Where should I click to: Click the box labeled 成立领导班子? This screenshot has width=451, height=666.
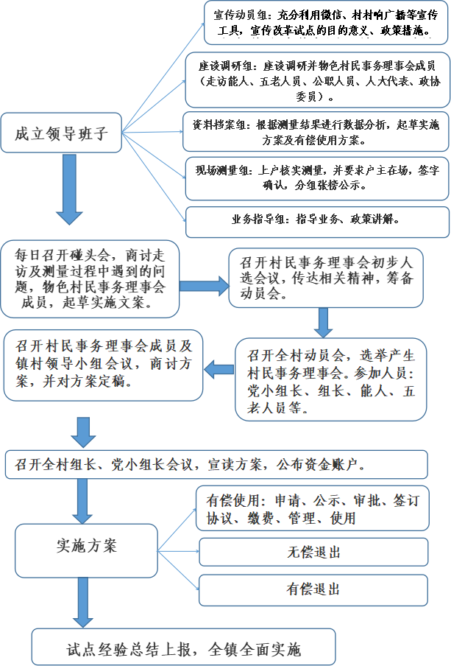[x=61, y=133]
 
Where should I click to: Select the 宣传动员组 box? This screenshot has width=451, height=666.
[x=326, y=23]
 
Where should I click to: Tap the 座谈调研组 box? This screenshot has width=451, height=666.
[x=317, y=80]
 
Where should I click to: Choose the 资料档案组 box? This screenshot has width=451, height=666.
[x=316, y=132]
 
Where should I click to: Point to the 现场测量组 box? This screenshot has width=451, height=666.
[x=317, y=178]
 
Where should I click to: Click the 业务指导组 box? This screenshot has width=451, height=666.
[x=317, y=222]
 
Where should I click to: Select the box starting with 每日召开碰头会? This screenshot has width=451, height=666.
[x=90, y=278]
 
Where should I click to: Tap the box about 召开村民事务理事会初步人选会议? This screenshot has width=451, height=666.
[x=326, y=278]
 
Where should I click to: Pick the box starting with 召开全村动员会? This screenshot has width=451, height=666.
[x=331, y=379]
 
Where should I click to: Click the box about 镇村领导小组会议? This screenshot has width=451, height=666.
[x=104, y=365]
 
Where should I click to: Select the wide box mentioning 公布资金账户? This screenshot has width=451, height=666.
[x=216, y=464]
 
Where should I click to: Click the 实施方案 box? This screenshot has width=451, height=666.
[x=86, y=550]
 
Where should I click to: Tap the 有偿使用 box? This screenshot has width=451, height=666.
[x=313, y=508]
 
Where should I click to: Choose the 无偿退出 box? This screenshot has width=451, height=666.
[x=313, y=552]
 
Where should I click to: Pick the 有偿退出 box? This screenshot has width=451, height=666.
[x=313, y=589]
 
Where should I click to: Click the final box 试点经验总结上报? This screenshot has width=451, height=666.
[x=183, y=647]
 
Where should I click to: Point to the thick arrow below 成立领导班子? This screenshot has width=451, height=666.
[x=70, y=189]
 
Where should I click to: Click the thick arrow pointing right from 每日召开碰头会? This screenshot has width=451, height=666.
[x=204, y=285]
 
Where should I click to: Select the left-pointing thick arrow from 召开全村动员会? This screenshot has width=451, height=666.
[x=219, y=369]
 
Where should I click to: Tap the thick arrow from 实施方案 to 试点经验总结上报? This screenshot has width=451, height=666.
[x=83, y=603]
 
